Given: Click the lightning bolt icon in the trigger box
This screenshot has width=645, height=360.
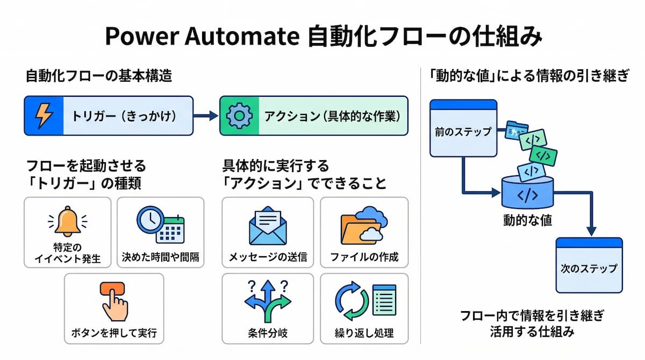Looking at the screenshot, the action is (x=44, y=116).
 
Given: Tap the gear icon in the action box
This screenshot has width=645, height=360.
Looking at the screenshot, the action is (x=239, y=116).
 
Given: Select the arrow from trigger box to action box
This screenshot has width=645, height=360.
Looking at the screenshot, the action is (x=205, y=116).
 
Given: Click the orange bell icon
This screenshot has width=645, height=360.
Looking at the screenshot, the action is (x=68, y=221).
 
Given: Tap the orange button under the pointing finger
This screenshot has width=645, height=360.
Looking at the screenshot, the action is (x=112, y=289).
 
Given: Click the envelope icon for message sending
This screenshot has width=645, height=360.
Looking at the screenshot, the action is (x=268, y=226).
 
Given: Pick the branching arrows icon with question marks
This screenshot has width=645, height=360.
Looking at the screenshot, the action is (x=268, y=301).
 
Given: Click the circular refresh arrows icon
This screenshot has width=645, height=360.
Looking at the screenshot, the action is (x=352, y=301).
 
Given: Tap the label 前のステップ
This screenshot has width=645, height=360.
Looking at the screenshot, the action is (x=463, y=132).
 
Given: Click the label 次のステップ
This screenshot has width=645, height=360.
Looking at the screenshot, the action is (x=589, y=269).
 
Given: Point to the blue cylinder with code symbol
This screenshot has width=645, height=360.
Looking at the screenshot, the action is (x=527, y=192).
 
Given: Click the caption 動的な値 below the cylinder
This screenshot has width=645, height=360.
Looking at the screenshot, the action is (x=527, y=220).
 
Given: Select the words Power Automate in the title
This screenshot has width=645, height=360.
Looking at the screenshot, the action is (x=203, y=37).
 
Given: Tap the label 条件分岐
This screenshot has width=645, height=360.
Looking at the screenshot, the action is (x=268, y=333).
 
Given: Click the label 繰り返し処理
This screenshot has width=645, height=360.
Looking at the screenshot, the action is (x=364, y=333).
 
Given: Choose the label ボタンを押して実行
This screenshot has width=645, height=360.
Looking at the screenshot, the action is (x=114, y=333).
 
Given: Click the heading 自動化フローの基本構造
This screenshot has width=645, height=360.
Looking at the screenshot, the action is (x=99, y=76).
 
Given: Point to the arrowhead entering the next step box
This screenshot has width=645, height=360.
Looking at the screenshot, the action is (x=591, y=232).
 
